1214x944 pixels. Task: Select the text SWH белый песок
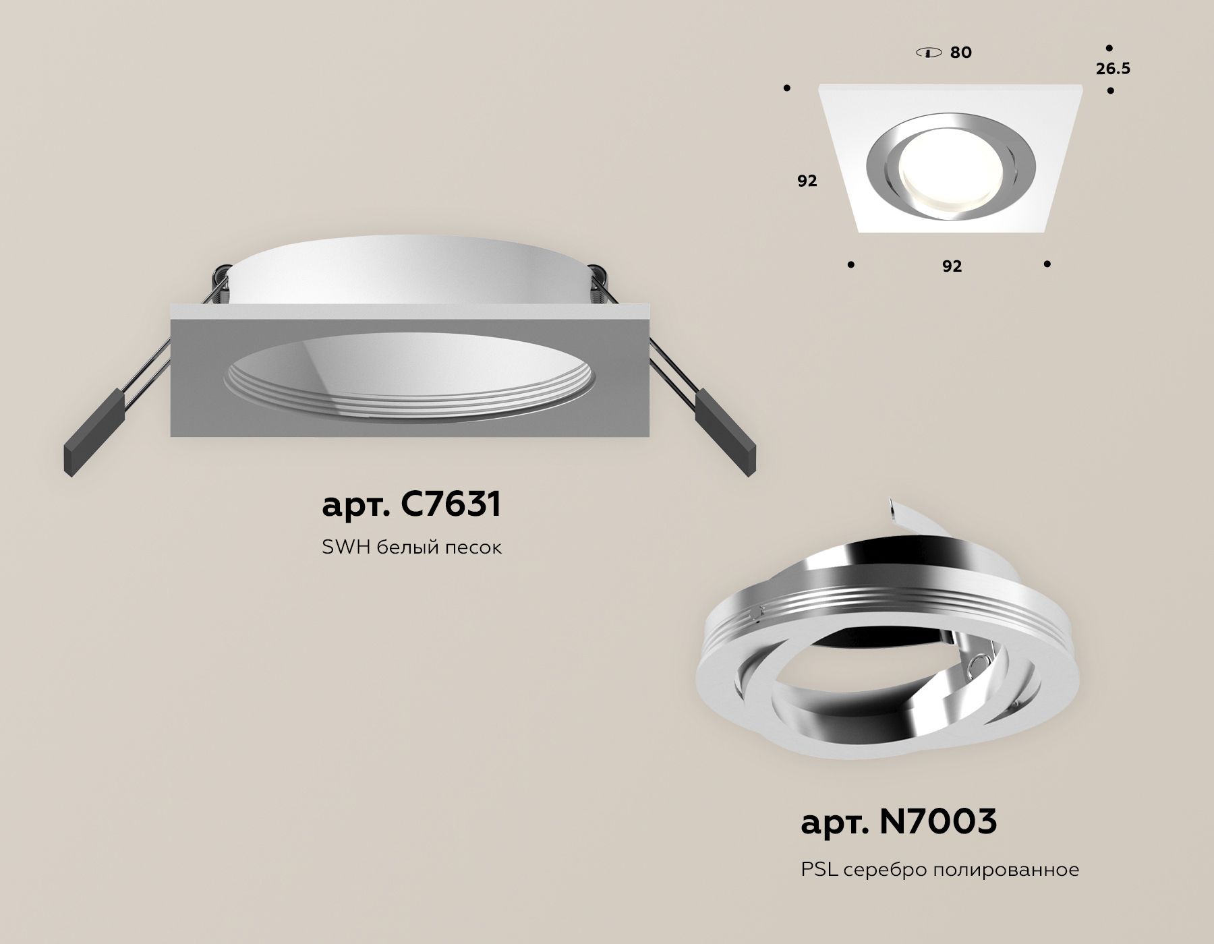(411, 548)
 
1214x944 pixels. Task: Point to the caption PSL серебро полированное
(940, 870)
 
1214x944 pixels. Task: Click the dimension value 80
(960, 53)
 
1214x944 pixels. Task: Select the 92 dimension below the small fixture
(952, 266)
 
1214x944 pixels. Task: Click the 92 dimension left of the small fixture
(807, 181)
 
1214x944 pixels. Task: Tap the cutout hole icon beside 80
(929, 53)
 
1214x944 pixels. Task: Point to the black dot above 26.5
(1109, 49)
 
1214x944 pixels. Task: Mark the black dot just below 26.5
(1110, 90)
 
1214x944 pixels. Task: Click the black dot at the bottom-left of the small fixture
(850, 265)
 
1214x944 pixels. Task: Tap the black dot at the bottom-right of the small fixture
(1047, 264)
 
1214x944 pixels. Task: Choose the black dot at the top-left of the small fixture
(786, 88)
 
